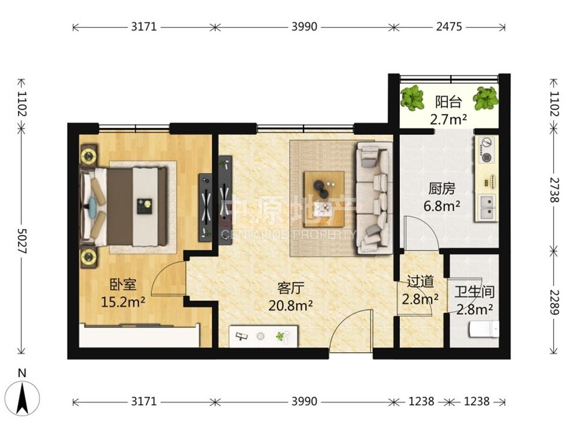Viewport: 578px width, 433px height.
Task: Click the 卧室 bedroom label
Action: click(123, 285)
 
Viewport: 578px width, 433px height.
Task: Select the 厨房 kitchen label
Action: click(442, 189)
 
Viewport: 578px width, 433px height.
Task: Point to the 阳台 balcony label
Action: click(449, 102)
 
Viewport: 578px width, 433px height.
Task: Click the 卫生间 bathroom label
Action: click(474, 292)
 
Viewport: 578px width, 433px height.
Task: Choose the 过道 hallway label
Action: click(420, 282)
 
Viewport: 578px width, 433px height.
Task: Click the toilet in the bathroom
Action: click(484, 329)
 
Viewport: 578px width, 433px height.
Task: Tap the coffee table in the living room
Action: click(324, 199)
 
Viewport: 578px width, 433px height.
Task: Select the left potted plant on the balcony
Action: click(413, 98)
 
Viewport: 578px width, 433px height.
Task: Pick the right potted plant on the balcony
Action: click(486, 98)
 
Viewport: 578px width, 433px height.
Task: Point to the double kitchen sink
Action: click(487, 207)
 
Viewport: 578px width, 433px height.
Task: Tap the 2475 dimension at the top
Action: click(449, 27)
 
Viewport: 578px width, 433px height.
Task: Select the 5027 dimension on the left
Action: click(23, 241)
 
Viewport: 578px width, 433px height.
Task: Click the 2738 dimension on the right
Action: click(554, 190)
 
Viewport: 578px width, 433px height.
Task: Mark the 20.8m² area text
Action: click(291, 305)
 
